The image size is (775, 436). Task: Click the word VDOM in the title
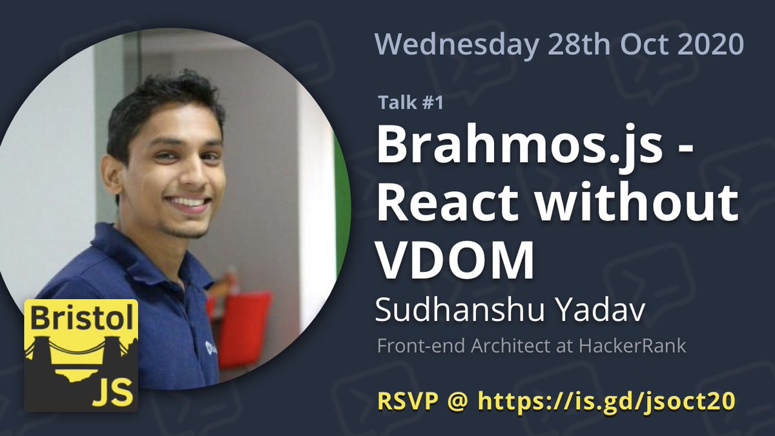[455, 258]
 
